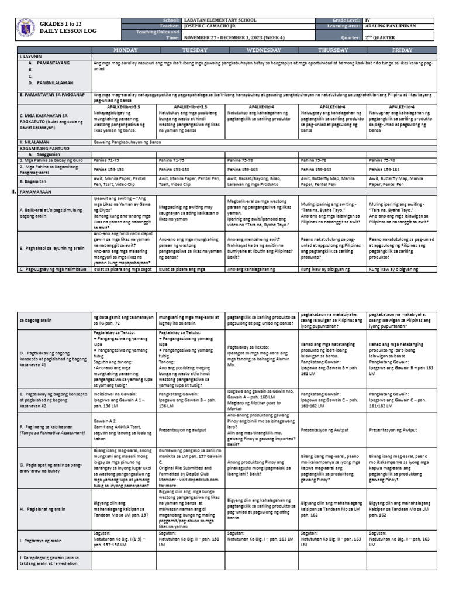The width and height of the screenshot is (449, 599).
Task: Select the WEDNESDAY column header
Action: (x=263, y=51)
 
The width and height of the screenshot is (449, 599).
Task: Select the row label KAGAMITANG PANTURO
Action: (x=42, y=147)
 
